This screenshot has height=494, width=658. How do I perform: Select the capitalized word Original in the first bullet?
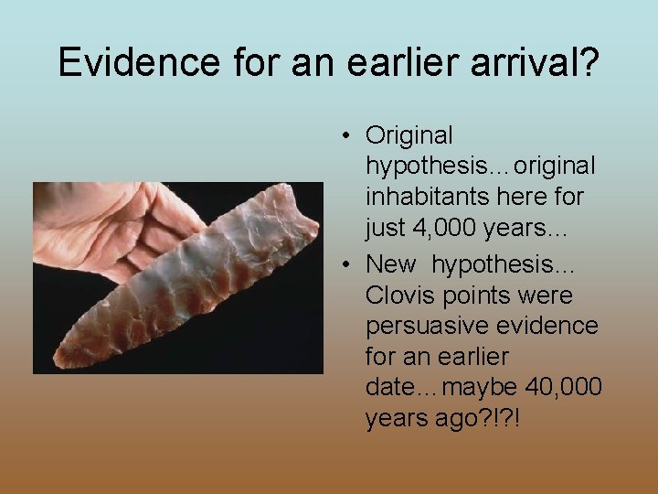coord(409,135)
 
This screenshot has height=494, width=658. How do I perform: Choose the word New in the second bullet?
coord(391,264)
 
